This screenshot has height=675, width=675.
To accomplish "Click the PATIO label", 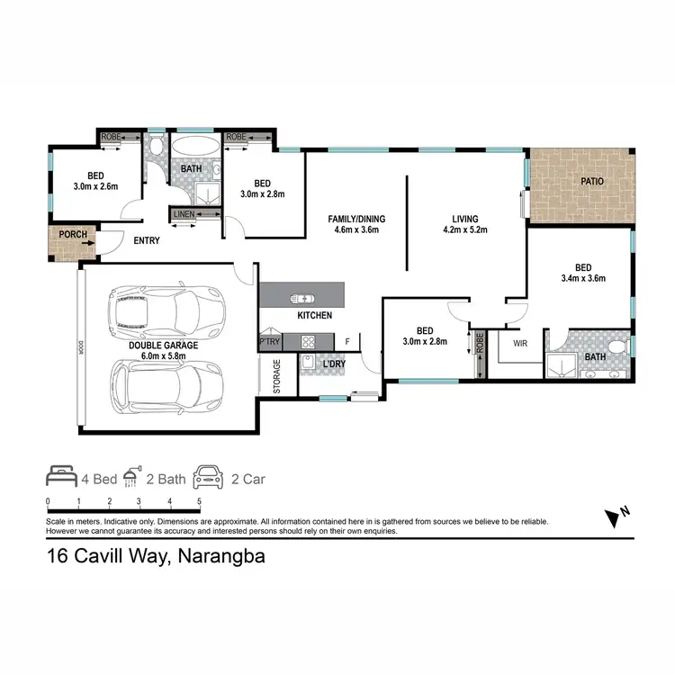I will [591, 181].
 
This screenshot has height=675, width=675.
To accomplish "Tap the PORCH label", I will [72, 236].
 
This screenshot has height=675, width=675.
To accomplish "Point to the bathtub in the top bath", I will [194, 147].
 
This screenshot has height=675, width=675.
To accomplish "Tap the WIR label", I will [519, 344].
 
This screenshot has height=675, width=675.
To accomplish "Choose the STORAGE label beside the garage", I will [276, 376].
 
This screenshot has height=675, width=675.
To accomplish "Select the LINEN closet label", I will [184, 213].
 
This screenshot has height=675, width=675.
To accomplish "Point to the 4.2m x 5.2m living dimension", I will [465, 229].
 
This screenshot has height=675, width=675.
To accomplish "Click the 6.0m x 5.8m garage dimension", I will [163, 355].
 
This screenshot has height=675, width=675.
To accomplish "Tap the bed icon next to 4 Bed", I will [62, 477].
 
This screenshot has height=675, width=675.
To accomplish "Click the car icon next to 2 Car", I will [211, 477].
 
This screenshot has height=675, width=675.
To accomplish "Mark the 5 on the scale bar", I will [198, 501].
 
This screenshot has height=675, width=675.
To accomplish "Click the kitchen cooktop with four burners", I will [308, 342].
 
